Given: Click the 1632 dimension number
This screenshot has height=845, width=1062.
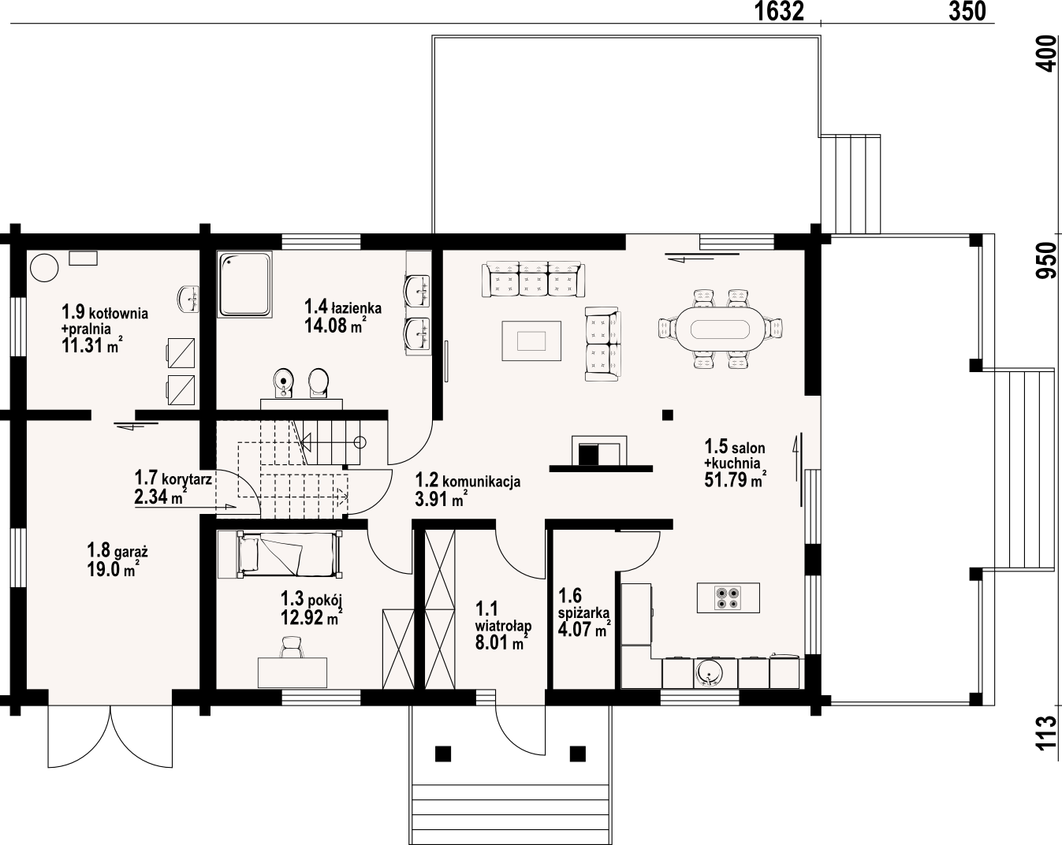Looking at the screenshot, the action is (x=779, y=11).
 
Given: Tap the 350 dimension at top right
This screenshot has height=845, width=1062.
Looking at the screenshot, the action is (x=967, y=11).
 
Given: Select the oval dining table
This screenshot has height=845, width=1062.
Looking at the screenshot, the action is (x=720, y=329).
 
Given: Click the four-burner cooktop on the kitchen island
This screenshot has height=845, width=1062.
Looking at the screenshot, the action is (x=728, y=597).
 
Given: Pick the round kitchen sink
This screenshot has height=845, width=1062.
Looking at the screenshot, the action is (x=709, y=674).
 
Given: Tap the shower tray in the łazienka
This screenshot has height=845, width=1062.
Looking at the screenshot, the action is (x=245, y=285).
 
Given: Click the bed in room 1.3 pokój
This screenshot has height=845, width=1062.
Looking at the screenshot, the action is (x=280, y=555).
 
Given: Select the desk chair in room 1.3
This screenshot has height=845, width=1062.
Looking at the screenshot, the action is (x=291, y=647).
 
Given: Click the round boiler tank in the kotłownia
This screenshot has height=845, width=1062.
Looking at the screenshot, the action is (x=44, y=268).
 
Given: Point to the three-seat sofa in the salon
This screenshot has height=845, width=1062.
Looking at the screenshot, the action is (x=534, y=279).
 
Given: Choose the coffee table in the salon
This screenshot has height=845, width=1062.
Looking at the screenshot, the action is (x=531, y=341).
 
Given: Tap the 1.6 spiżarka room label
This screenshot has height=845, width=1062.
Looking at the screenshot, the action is (x=583, y=604).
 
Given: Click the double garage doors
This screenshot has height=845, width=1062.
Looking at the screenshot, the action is (x=110, y=737).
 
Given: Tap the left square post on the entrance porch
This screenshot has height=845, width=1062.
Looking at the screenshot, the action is (x=442, y=754).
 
